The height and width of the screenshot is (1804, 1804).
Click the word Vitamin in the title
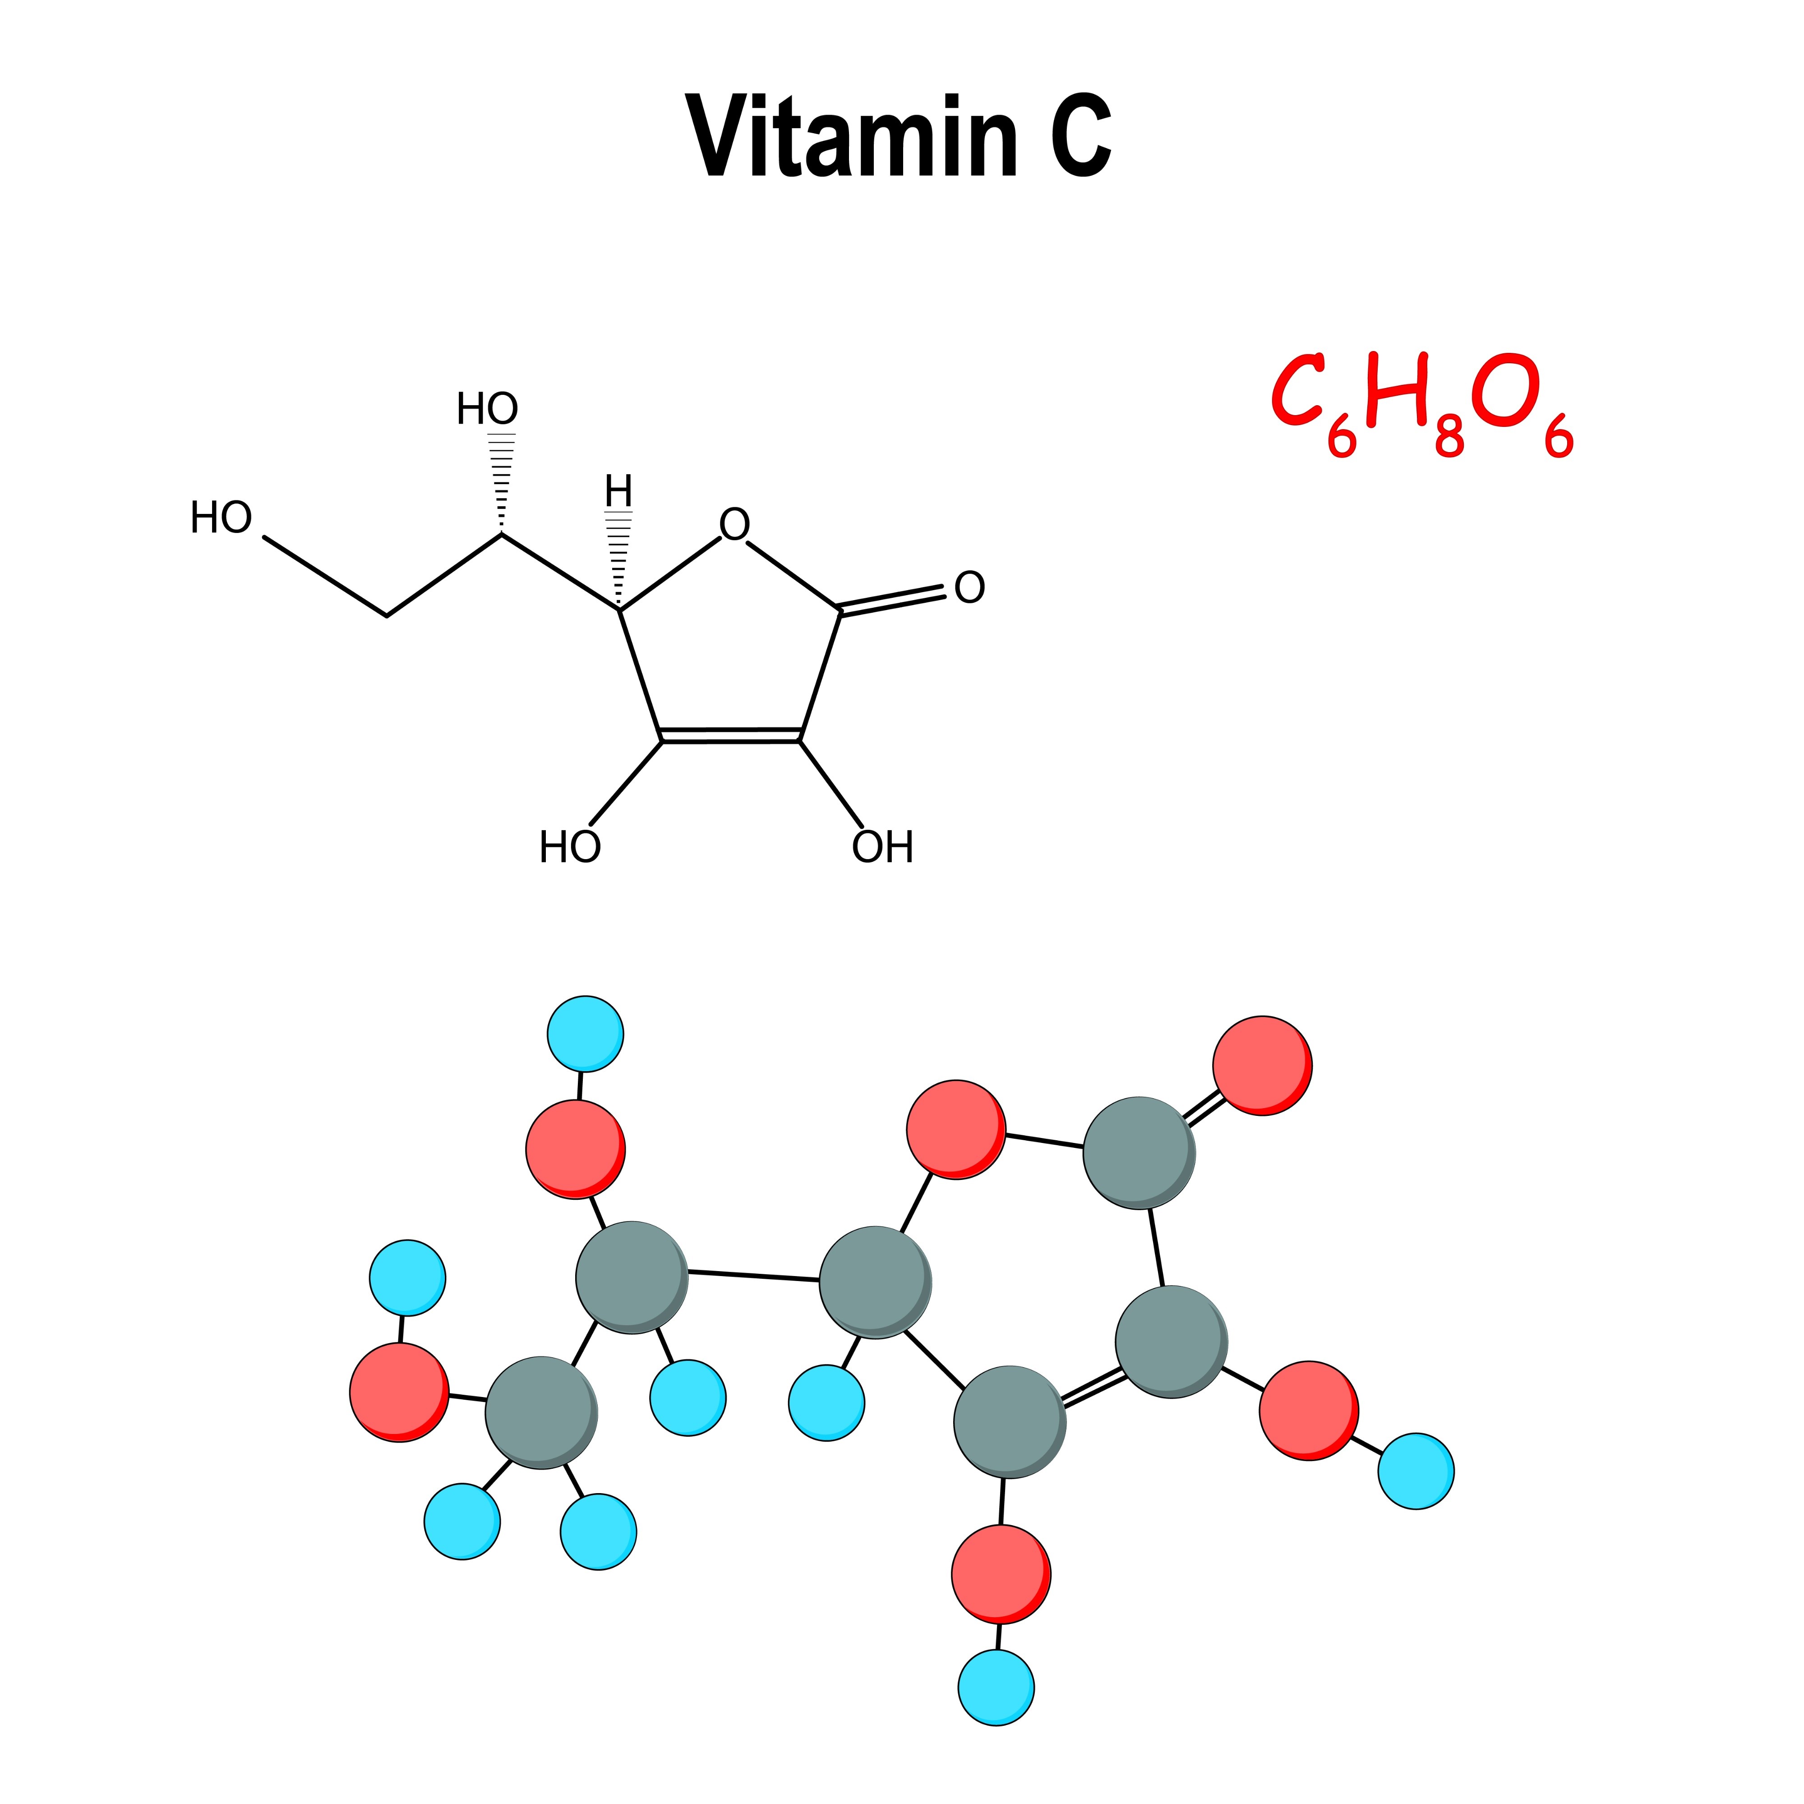(852, 137)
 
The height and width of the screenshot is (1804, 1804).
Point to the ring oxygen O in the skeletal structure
(734, 525)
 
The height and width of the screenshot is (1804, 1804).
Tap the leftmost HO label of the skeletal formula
(221, 518)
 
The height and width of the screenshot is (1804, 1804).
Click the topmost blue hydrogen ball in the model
(585, 1035)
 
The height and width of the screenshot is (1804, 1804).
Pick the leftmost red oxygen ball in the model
(399, 1391)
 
